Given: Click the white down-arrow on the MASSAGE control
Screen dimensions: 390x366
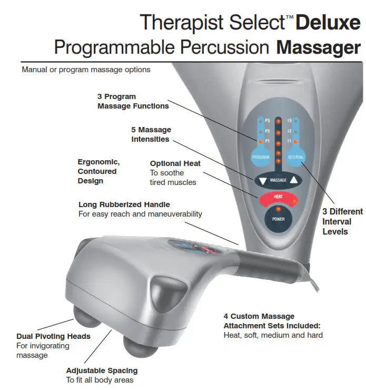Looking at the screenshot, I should [x=263, y=181].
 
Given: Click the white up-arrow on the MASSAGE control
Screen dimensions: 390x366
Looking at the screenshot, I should [x=293, y=180].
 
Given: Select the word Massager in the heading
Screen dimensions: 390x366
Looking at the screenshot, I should [x=319, y=47].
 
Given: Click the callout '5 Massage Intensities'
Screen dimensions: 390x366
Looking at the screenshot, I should [x=151, y=134].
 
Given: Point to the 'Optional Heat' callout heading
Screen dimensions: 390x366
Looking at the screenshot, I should [x=175, y=163].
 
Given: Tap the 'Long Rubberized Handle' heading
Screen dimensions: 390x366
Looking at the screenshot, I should [x=124, y=204].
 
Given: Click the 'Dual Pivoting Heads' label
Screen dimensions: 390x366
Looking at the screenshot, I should [x=53, y=336].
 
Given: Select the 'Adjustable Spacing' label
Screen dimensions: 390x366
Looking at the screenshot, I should [x=101, y=370].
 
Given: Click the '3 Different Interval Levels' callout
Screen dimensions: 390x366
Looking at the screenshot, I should [x=342, y=221].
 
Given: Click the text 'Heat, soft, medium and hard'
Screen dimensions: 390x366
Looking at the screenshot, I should [x=273, y=335].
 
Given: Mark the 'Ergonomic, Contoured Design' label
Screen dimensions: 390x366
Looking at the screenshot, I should [x=98, y=171].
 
